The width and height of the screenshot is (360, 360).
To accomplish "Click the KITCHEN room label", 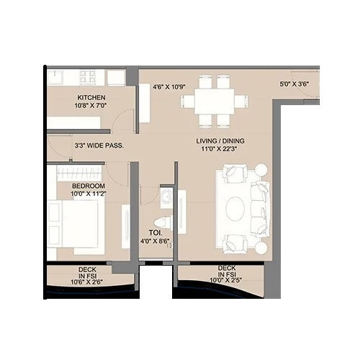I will click(x=92, y=97).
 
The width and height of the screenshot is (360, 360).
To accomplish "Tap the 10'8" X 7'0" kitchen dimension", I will click(x=92, y=106).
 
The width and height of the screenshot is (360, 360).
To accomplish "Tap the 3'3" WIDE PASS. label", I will click(x=99, y=145).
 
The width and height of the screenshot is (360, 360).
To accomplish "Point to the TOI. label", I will click(x=154, y=233).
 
